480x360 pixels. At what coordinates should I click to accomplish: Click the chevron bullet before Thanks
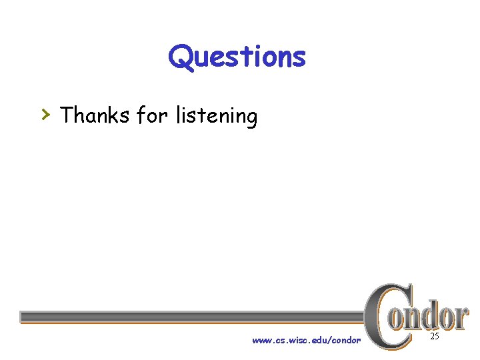tap(45, 115)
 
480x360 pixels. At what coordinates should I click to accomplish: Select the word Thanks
tap(95, 115)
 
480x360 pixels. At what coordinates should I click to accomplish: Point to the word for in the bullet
tap(152, 115)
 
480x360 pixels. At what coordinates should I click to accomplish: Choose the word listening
tap(216, 117)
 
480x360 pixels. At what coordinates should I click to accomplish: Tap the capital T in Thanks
tap(67, 115)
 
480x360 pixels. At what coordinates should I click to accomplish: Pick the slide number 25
tap(434, 337)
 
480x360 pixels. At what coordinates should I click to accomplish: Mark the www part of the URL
tap(260, 341)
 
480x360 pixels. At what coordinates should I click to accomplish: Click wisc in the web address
tap(295, 341)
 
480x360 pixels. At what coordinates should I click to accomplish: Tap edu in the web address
tap(318, 341)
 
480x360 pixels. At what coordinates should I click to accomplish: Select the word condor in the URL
tap(346, 341)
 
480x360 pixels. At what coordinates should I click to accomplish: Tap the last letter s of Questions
tap(299, 59)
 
